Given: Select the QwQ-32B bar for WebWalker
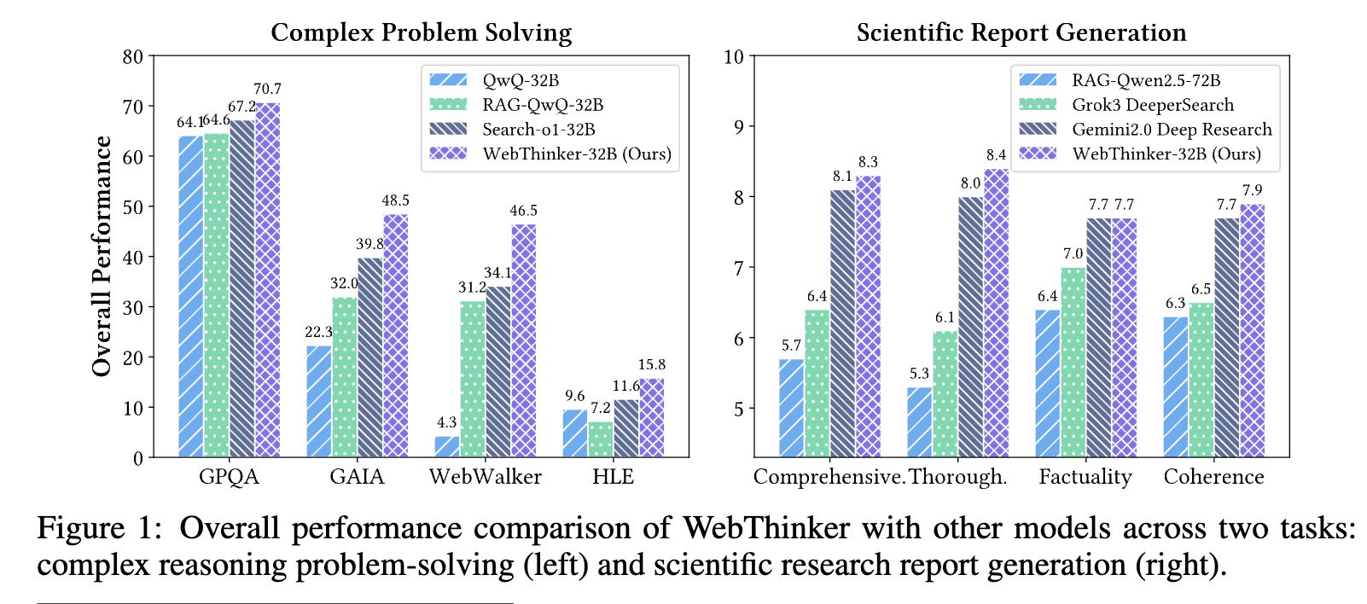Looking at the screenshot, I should (447, 447).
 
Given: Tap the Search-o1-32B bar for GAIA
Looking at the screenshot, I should (370, 357).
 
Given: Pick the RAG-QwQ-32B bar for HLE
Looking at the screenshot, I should (601, 439).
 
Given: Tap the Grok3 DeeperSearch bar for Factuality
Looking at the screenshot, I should (1073, 363).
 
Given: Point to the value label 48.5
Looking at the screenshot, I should (395, 200).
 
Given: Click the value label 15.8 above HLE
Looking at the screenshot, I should (651, 364).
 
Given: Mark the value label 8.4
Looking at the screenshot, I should (996, 155).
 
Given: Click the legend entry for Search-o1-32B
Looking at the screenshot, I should (538, 130).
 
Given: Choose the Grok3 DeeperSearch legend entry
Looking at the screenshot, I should (1152, 105).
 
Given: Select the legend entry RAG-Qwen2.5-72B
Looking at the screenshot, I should (1145, 80).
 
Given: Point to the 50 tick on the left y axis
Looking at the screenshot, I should (133, 207).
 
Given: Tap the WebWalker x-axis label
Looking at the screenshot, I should (485, 476).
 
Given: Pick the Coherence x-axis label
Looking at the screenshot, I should (1213, 476).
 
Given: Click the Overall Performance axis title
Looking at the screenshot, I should (102, 256).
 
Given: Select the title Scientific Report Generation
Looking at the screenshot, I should (1021, 32).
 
